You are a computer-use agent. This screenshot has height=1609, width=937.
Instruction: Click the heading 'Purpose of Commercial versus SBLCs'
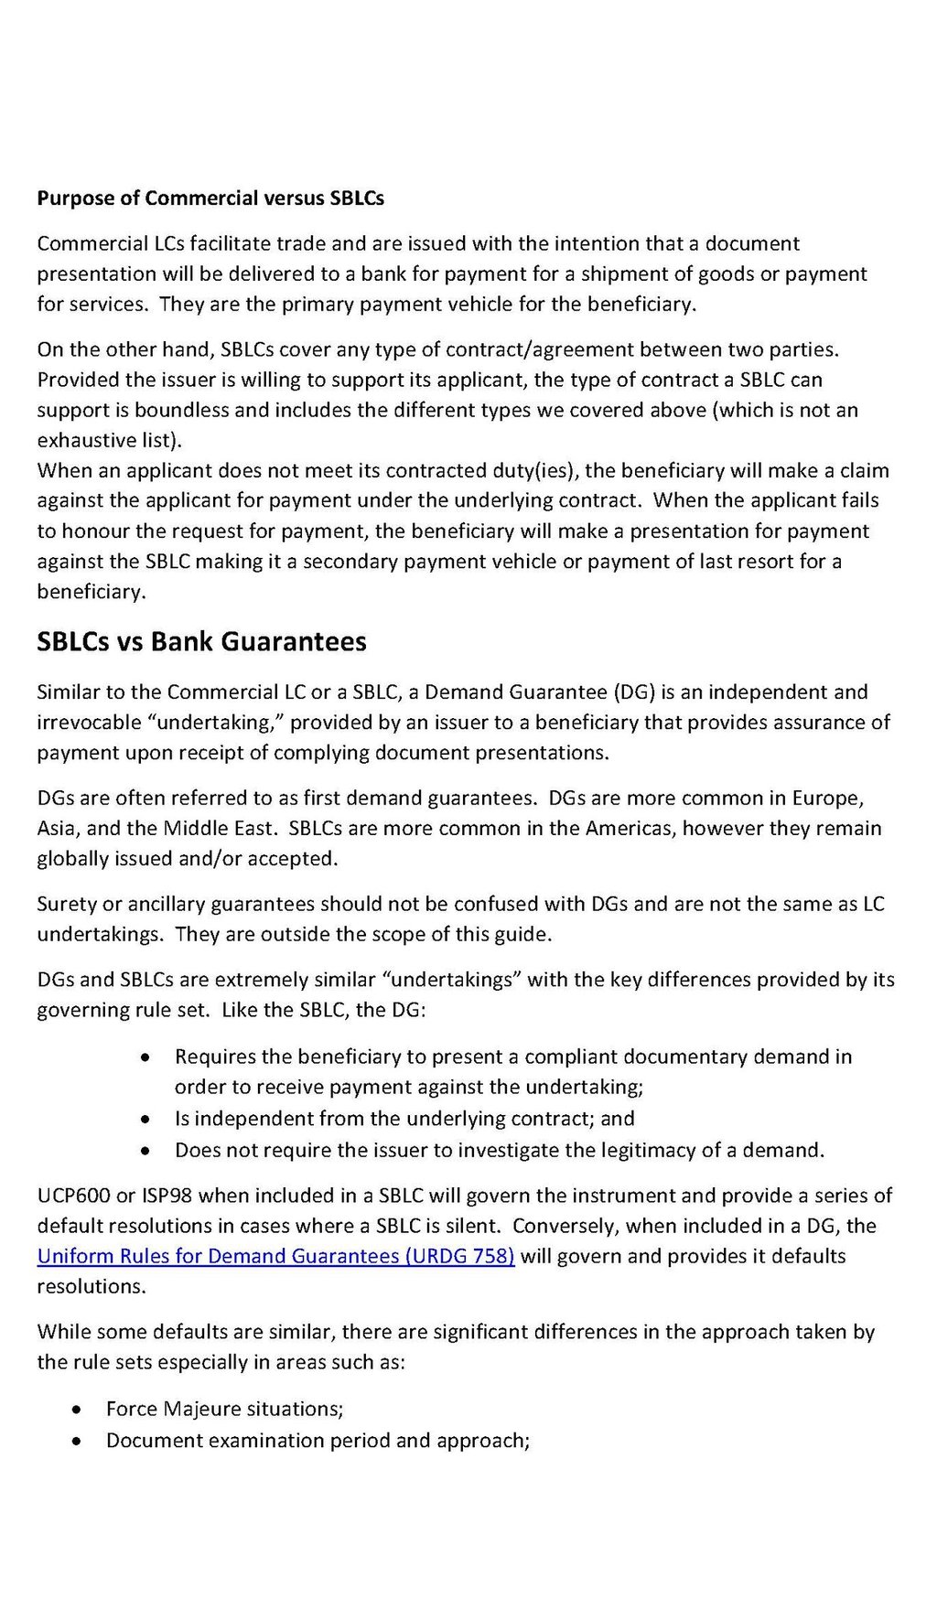click(210, 198)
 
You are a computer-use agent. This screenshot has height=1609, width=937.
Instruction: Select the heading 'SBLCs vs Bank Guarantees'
click(201, 641)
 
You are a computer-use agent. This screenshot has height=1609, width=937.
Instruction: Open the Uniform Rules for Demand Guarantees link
click(275, 1256)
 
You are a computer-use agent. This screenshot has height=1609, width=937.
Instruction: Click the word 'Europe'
click(827, 798)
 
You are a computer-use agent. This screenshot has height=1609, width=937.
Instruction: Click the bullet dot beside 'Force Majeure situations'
click(78, 1410)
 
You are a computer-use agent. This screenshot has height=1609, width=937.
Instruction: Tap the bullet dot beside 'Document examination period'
click(78, 1441)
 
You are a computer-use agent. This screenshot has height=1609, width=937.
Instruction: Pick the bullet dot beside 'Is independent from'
click(145, 1119)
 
